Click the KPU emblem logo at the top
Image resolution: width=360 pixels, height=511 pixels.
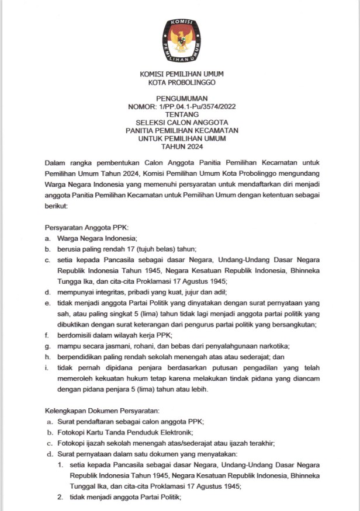(181, 37)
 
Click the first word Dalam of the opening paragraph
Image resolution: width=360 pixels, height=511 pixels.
(56, 162)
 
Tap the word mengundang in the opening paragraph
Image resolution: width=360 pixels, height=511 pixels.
(292, 175)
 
